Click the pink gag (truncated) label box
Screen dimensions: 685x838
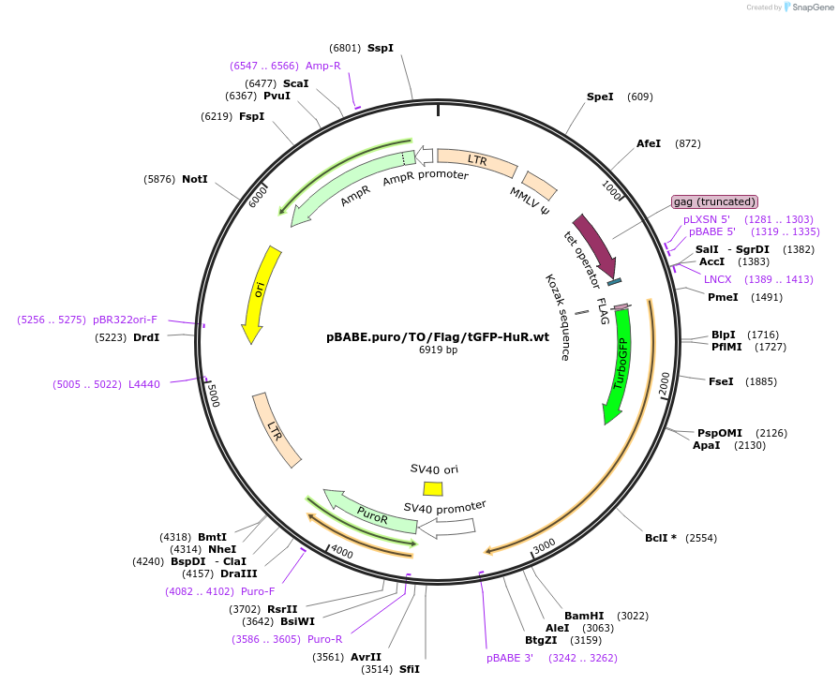click(x=714, y=201)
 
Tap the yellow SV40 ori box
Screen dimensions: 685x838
click(x=433, y=488)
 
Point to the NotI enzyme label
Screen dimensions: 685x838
click(x=195, y=179)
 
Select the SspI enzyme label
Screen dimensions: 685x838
click(x=381, y=48)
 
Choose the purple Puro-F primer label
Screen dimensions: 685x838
click(x=258, y=591)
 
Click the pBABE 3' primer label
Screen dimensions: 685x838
click(x=510, y=658)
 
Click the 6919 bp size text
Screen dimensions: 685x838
click(x=438, y=350)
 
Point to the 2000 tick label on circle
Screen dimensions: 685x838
click(x=664, y=383)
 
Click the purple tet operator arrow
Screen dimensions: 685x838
click(x=594, y=243)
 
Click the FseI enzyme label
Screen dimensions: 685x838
click(x=721, y=381)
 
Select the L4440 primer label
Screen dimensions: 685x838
click(x=144, y=383)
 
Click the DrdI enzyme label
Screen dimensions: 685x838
click(x=146, y=337)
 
